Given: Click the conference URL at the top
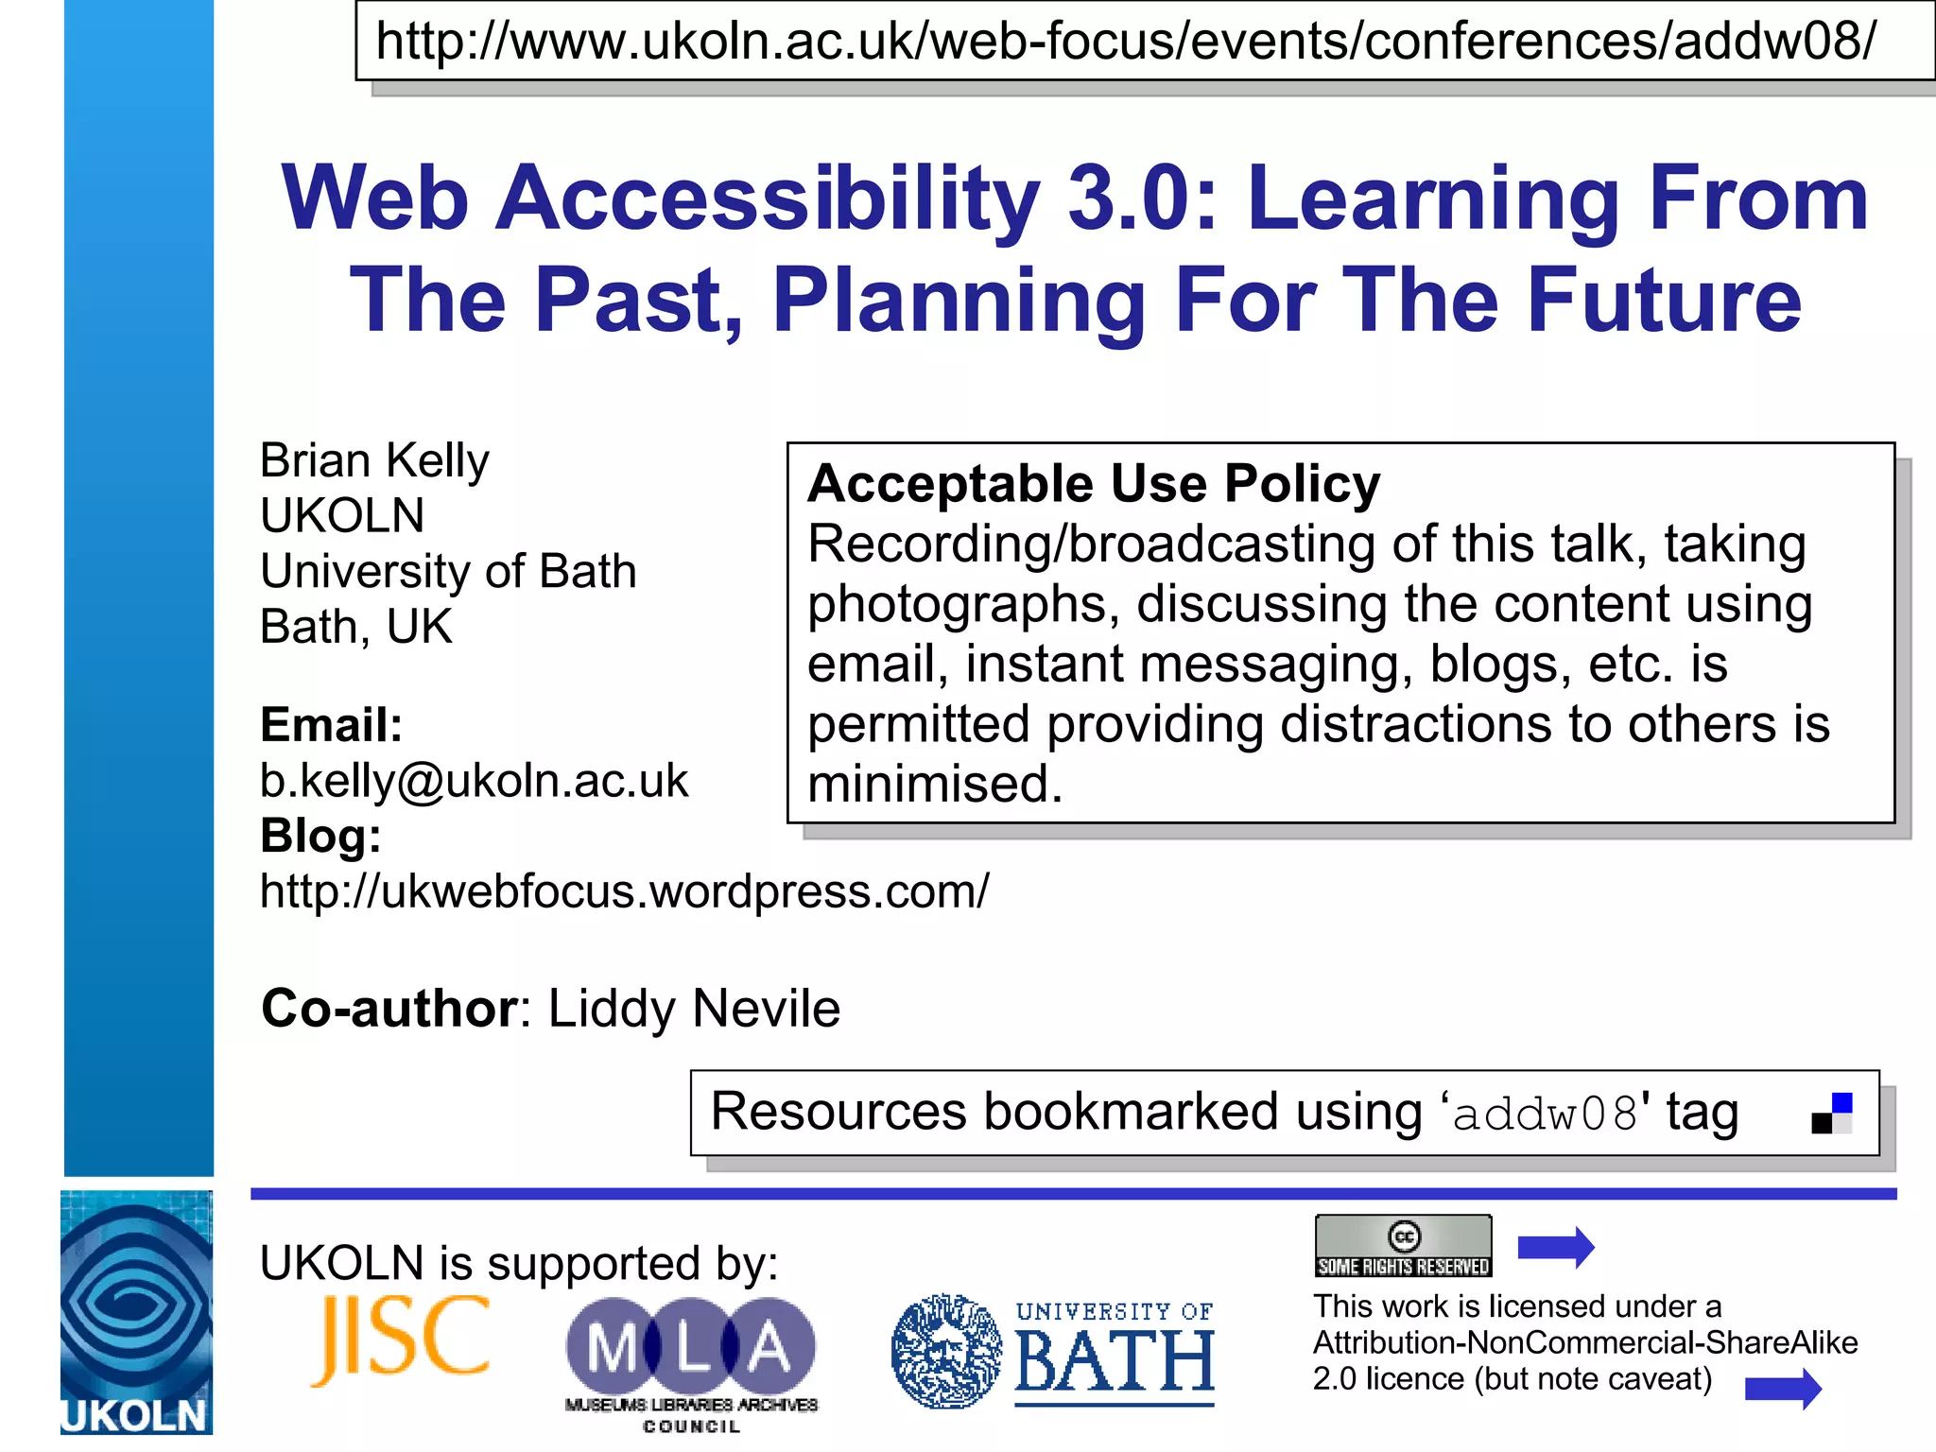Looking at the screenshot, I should coord(1125,42).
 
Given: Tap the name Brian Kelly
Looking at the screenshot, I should coord(374,461).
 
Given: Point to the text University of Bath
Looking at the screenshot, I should coord(448,572).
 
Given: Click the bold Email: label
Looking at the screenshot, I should coord(331,726).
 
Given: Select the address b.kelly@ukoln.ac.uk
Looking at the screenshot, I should coord(474,781).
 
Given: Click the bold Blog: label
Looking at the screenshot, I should coord(320,837).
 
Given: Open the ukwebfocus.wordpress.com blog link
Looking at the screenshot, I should coord(624,891).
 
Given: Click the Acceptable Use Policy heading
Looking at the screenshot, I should coord(1093,484).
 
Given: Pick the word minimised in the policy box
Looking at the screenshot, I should coord(935,785).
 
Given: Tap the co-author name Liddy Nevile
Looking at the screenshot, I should coord(694,1009).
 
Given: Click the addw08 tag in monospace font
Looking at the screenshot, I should coord(1544,1115).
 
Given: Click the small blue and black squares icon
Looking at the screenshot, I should coord(1831,1114).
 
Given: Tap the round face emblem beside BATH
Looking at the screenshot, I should coord(945,1352).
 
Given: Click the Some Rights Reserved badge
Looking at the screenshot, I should coord(1403,1247).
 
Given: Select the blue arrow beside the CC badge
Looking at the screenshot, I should coord(1556,1248).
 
